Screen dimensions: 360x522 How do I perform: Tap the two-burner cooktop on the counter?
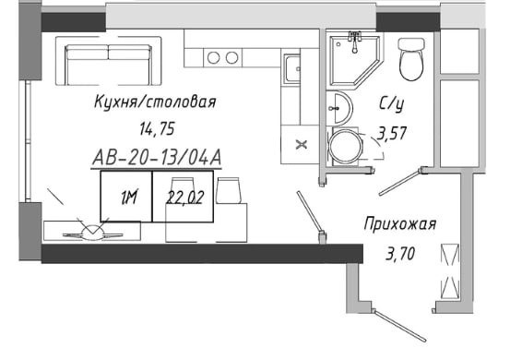(x=220, y=57)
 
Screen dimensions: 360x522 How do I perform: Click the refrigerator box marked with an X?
(x=301, y=143)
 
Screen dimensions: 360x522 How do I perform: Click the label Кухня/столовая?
(x=154, y=101)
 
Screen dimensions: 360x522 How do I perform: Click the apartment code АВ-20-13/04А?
(x=156, y=160)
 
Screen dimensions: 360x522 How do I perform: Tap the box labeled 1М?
(x=128, y=196)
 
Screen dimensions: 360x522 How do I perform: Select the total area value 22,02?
(x=185, y=196)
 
